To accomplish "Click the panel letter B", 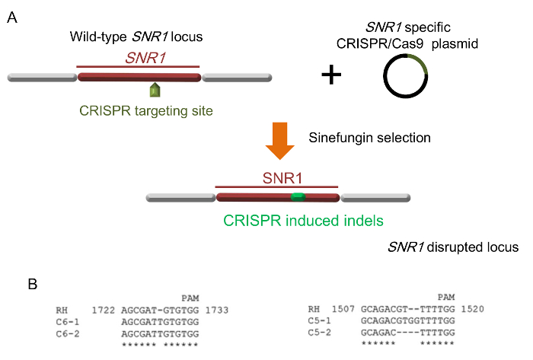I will (32, 284).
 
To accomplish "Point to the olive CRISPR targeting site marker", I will (155, 90).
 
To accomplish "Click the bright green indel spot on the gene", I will (298, 197).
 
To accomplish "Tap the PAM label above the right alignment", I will (448, 298).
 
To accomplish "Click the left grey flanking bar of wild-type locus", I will (41, 78).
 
